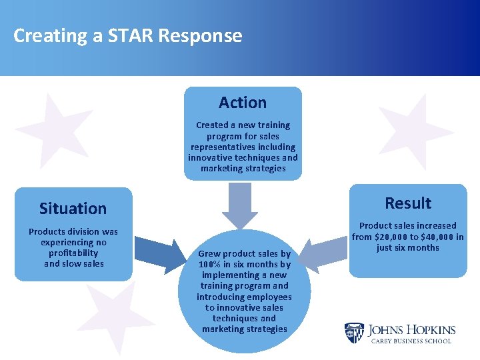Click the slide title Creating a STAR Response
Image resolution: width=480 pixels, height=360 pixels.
pyautogui.click(x=127, y=35)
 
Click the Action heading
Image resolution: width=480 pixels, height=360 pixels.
pyautogui.click(x=243, y=103)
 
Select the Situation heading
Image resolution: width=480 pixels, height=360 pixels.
pyautogui.click(x=73, y=209)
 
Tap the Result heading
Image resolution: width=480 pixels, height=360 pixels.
pyautogui.click(x=408, y=203)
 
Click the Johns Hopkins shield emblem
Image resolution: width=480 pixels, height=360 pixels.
pyautogui.click(x=354, y=333)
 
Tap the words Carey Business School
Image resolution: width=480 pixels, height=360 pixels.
pyautogui.click(x=411, y=341)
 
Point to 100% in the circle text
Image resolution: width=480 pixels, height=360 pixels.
pyautogui.click(x=213, y=265)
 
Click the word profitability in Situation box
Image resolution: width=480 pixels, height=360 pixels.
pyautogui.click(x=73, y=253)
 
